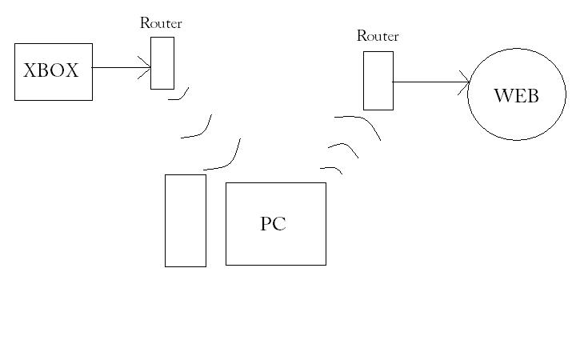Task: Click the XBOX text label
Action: click(x=51, y=71)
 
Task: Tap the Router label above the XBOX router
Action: click(x=161, y=23)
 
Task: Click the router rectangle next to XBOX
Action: click(x=162, y=62)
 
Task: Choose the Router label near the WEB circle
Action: click(x=378, y=36)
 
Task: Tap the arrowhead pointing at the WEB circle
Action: click(x=465, y=82)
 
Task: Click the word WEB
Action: click(x=516, y=96)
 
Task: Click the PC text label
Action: click(x=273, y=224)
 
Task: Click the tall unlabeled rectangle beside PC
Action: click(x=185, y=220)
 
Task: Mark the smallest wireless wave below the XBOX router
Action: click(x=180, y=97)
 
